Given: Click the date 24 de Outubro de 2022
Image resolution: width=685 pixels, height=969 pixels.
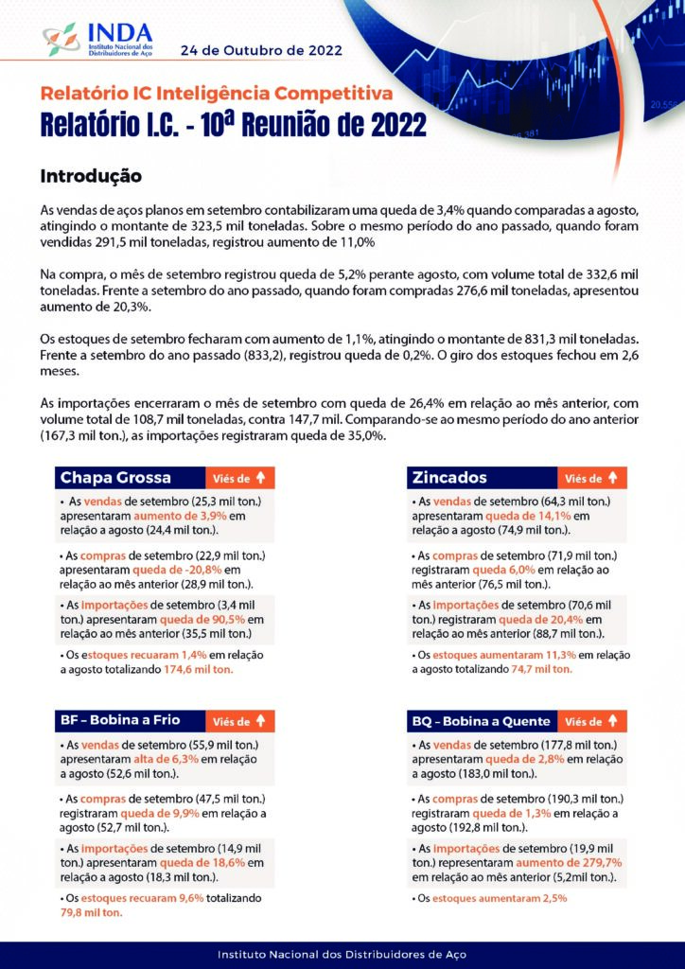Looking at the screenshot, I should pyautogui.click(x=261, y=49).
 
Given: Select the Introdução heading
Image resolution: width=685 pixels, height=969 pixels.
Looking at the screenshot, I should pyautogui.click(x=91, y=176).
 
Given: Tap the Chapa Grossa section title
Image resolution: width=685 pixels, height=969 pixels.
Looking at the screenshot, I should pyautogui.click(x=116, y=477).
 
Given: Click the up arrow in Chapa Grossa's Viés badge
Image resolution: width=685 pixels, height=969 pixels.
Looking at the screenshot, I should pyautogui.click(x=259, y=478).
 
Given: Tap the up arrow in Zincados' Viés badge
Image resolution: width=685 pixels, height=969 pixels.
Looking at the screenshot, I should pyautogui.click(x=611, y=478).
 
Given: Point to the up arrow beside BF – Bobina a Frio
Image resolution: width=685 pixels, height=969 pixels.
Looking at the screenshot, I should pyautogui.click(x=259, y=721).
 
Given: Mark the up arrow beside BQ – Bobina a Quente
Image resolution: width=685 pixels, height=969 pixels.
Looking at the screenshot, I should pyautogui.click(x=611, y=721).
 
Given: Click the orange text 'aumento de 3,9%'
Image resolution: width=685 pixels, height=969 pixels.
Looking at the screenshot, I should pyautogui.click(x=175, y=516).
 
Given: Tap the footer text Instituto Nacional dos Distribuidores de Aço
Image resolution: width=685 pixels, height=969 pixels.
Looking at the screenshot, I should pyautogui.click(x=342, y=954).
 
